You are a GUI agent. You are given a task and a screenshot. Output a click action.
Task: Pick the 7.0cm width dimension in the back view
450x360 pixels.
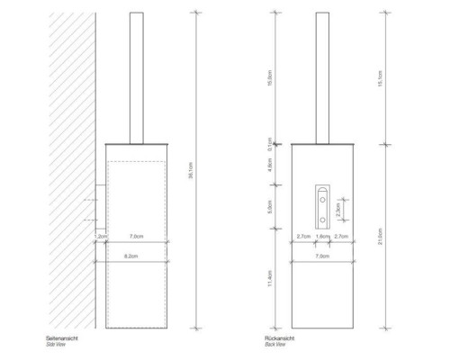(x=319, y=256)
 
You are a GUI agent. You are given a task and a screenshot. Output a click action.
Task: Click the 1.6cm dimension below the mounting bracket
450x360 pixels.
(x=320, y=236)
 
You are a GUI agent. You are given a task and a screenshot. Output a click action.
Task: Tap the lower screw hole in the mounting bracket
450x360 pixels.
(x=320, y=217)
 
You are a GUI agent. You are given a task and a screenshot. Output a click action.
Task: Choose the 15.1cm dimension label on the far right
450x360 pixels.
(x=382, y=76)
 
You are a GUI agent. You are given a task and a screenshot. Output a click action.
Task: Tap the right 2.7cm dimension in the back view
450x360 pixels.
(x=340, y=236)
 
